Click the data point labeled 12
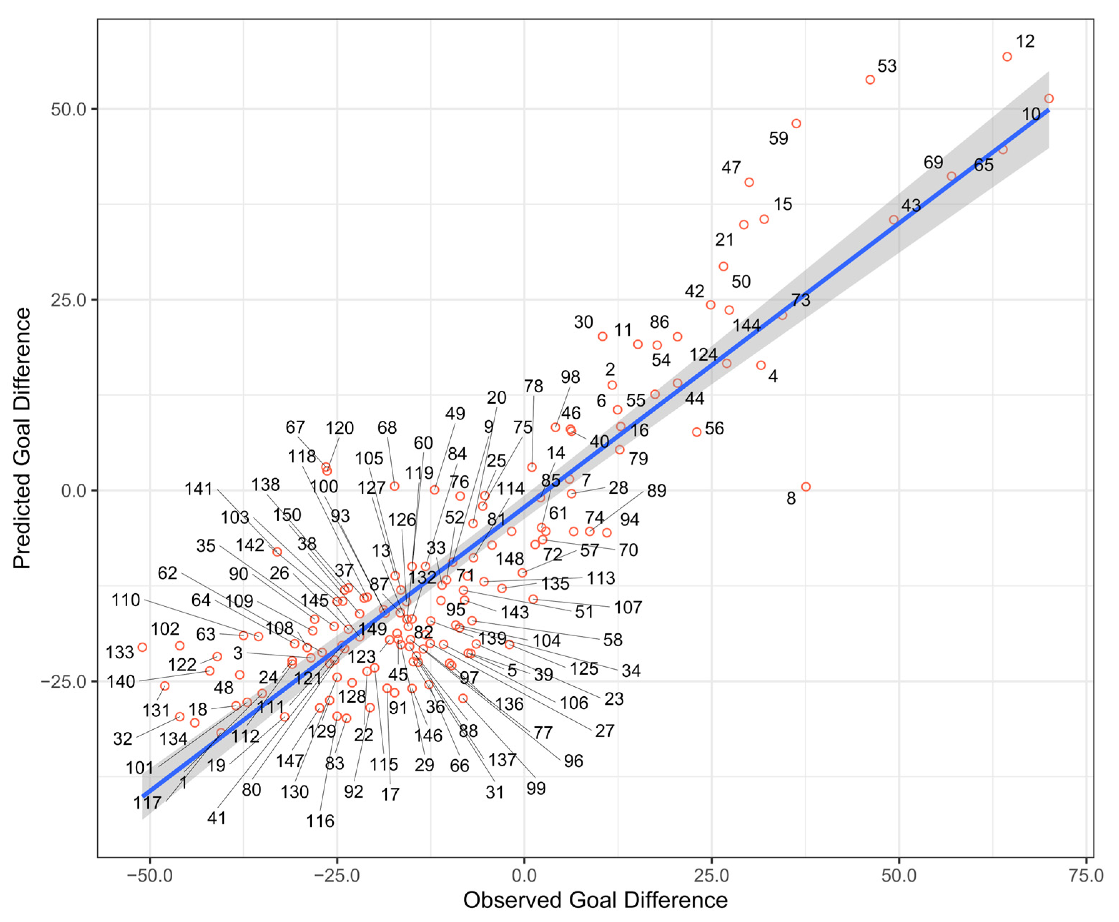coord(1007,57)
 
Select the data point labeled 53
coord(870,80)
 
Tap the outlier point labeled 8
coord(806,487)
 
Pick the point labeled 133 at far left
coord(142,647)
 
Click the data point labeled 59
coord(796,124)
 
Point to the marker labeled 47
coord(749,182)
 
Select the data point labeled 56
coord(697,432)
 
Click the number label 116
coord(320,821)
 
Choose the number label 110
coord(125,600)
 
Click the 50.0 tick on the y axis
coord(68,109)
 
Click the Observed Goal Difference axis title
coord(595,900)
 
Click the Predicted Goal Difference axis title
coord(22,438)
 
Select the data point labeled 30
coord(602,336)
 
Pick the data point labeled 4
coord(761,365)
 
